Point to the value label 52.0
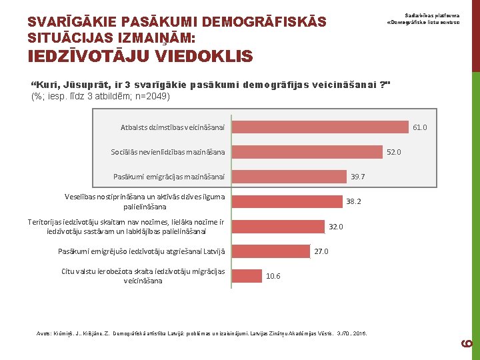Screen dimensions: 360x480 [394, 152]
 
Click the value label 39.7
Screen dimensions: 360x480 [357, 177]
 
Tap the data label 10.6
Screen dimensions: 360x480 [273, 276]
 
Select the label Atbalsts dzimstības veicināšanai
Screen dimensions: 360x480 [173, 127]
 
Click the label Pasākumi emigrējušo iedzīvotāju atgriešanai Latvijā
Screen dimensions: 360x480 [142, 251]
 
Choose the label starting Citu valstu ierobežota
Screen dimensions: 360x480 [143, 276]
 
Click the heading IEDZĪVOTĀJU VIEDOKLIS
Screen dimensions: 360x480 [140, 57]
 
